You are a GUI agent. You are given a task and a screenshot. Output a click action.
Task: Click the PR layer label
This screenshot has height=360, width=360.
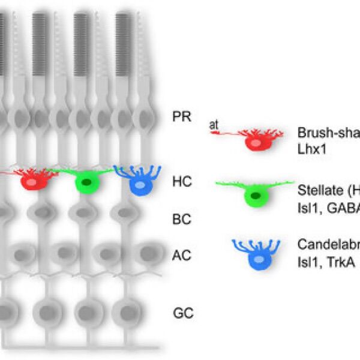click(181, 115)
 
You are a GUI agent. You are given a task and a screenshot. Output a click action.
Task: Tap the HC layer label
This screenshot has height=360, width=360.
click(181, 181)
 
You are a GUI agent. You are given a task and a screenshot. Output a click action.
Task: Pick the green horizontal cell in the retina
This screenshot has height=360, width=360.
click(86, 181)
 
